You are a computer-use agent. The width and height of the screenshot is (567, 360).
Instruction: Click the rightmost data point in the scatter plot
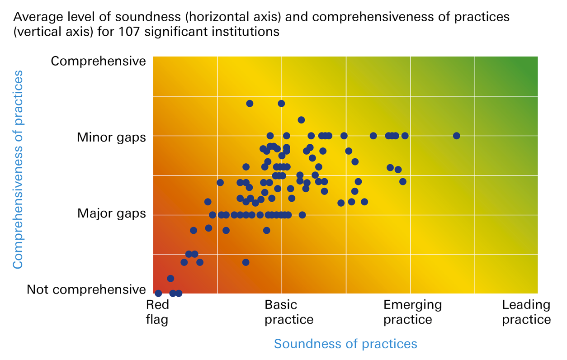[x=456, y=136]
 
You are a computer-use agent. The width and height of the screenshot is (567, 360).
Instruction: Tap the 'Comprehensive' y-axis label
[x=98, y=61]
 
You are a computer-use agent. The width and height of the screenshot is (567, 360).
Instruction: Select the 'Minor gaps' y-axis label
[x=111, y=137]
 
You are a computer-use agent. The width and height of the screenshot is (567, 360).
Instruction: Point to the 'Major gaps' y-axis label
[x=112, y=213]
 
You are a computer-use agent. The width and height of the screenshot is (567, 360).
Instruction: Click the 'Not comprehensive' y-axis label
[x=86, y=289]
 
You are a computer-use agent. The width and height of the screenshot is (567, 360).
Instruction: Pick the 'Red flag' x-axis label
[x=157, y=312]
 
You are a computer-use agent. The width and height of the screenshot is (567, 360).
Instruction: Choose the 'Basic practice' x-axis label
[x=289, y=312]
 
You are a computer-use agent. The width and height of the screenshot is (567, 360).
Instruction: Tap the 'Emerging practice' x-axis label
[x=412, y=312]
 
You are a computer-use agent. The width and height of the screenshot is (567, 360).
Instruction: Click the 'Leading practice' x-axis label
[x=526, y=312]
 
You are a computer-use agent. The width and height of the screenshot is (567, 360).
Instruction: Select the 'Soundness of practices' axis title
[x=345, y=344]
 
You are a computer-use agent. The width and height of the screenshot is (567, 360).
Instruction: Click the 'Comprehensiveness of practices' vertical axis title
[x=18, y=169]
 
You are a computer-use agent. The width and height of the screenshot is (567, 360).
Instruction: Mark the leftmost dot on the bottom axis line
[x=158, y=294]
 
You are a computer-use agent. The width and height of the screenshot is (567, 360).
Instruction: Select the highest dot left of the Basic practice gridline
[x=250, y=104]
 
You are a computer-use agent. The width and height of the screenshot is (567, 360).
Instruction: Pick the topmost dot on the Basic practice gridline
[x=281, y=104]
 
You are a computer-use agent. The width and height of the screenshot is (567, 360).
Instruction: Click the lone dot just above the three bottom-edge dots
[x=170, y=279]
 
